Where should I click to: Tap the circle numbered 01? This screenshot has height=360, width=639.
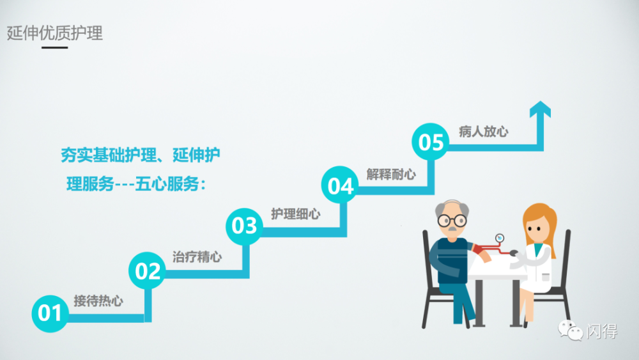point(50,313)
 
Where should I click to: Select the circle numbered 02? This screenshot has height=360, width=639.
point(147,272)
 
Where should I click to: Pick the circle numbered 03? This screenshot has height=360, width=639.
point(243,226)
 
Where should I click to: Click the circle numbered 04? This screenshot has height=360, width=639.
point(340,186)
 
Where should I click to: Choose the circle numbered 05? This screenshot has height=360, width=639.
point(431,142)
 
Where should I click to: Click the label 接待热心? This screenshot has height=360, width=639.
point(98,301)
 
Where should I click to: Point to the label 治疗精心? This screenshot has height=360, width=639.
point(197,257)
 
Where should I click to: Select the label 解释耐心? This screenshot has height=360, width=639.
point(391,174)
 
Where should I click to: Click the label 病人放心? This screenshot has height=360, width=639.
point(484,132)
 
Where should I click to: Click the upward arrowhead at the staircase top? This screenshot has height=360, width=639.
point(541,110)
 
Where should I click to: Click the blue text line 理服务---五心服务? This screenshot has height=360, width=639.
point(137,185)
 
